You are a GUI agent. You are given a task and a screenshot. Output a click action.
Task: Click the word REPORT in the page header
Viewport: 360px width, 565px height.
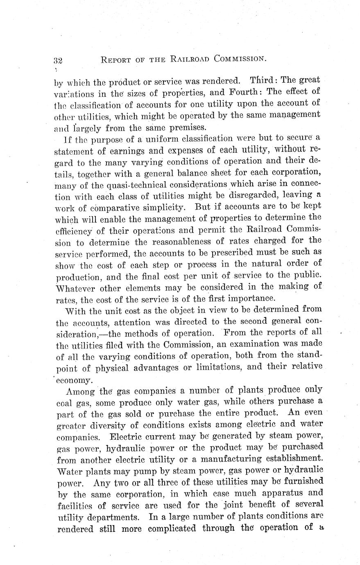[x=116, y=60]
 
